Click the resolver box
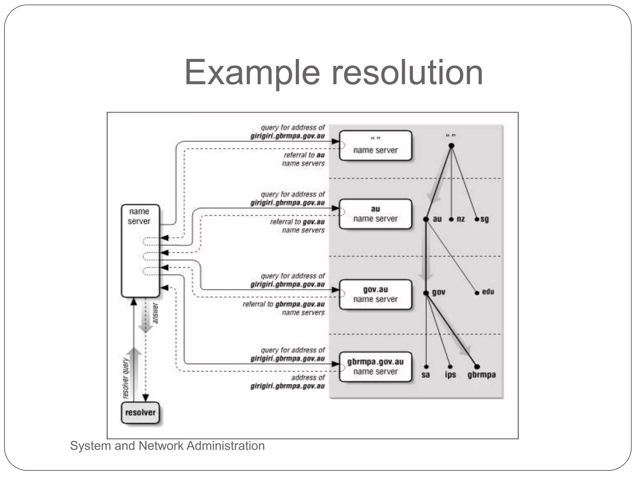[140, 412]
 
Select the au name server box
[375, 214]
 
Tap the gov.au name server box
[375, 294]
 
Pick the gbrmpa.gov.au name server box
[375, 367]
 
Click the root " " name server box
[375, 145]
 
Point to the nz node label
[461, 219]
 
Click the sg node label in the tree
[484, 219]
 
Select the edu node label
[488, 292]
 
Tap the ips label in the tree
[450, 375]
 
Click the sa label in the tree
[426, 375]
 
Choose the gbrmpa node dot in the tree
[477, 367]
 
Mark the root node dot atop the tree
[452, 146]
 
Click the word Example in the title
[252, 73]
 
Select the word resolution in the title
[407, 73]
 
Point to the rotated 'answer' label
[156, 313]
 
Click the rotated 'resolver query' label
[125, 378]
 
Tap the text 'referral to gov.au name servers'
[297, 226]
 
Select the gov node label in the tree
[438, 292]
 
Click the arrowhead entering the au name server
[335, 208]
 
